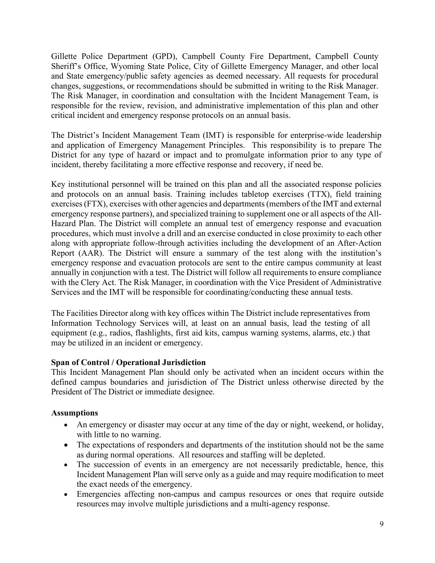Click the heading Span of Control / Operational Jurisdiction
click(128, 362)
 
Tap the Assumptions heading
click(74, 413)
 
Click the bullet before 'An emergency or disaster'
click(67, 425)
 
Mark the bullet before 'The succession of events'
click(67, 465)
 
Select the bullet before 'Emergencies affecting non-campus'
click(67, 494)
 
